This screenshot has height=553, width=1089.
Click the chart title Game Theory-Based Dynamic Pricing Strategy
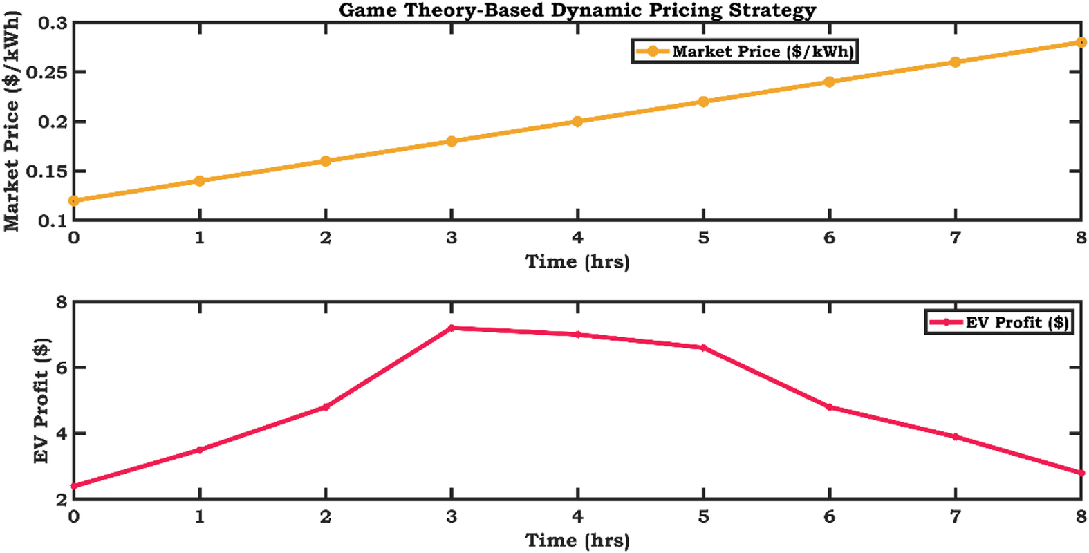(x=577, y=10)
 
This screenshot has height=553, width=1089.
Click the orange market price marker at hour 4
(x=577, y=122)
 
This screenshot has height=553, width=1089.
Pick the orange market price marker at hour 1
(x=200, y=181)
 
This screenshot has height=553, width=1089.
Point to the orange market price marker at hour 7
(x=956, y=62)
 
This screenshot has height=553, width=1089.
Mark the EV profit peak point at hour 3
(x=452, y=328)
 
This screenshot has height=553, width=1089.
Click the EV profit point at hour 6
(x=830, y=407)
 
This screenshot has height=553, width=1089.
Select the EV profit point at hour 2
(x=326, y=407)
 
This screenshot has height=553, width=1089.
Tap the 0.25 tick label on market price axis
(x=47, y=73)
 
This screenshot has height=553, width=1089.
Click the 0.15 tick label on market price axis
(x=47, y=171)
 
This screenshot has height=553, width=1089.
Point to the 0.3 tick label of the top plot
(x=53, y=24)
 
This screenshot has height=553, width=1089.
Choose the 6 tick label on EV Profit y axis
(x=62, y=368)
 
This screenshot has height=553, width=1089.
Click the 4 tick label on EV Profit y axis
(x=62, y=434)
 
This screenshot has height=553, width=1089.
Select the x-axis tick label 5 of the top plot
(x=703, y=238)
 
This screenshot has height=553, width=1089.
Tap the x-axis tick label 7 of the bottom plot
(x=956, y=517)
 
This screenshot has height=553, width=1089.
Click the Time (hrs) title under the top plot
(x=577, y=262)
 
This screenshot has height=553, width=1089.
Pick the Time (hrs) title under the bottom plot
(x=577, y=541)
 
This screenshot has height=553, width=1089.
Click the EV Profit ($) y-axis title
(x=41, y=401)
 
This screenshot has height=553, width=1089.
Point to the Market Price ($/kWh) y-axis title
(x=12, y=122)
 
